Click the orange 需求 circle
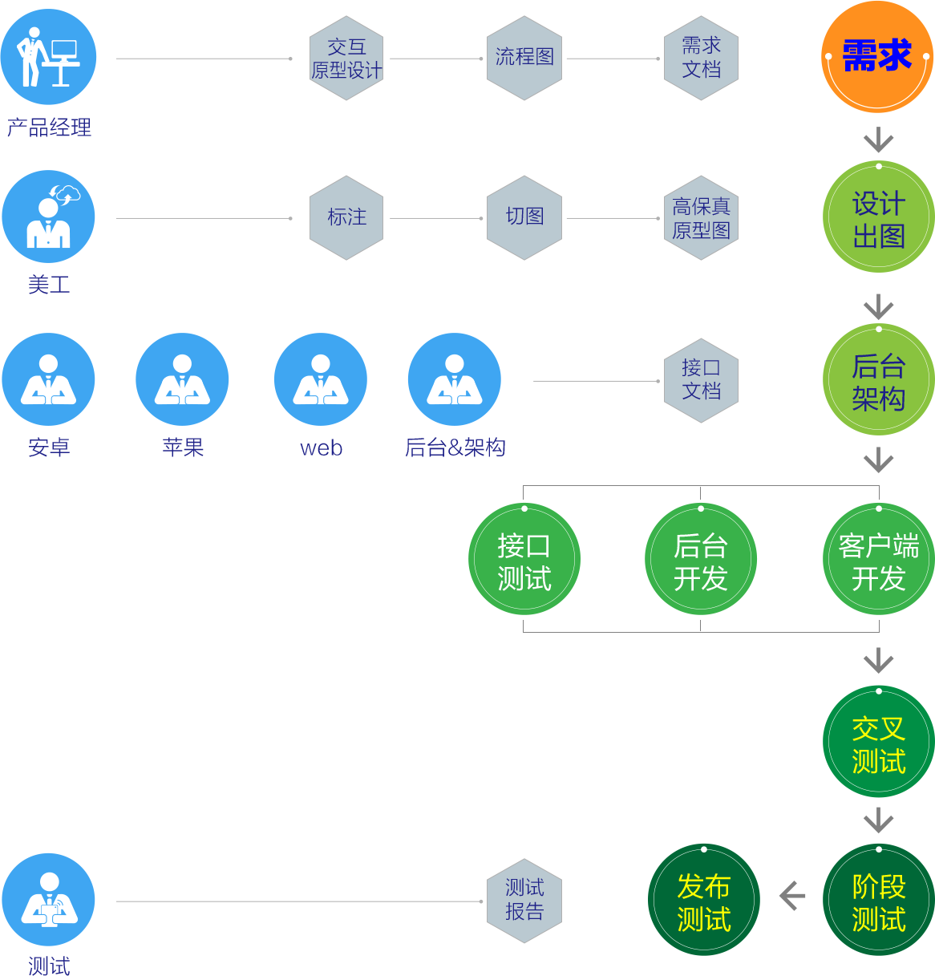pyautogui.click(x=877, y=57)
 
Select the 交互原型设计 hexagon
pyautogui.click(x=346, y=58)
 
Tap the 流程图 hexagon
pyautogui.click(x=524, y=58)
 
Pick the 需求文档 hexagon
pyautogui.click(x=701, y=58)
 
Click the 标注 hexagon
pyautogui.click(x=346, y=217)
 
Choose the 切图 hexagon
pyautogui.click(x=524, y=217)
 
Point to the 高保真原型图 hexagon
pyautogui.click(x=701, y=217)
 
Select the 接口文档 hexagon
pyautogui.click(x=701, y=380)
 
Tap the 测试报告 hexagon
pyautogui.click(x=524, y=901)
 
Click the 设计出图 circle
pyautogui.click(x=879, y=218)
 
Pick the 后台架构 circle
pyautogui.click(x=879, y=381)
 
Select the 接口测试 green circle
pyautogui.click(x=524, y=560)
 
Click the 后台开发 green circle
pyautogui.click(x=701, y=560)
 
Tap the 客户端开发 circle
pyautogui.click(x=879, y=560)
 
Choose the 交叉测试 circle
pyautogui.click(x=879, y=743)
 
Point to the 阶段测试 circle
pyautogui.click(x=879, y=901)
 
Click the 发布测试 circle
pyautogui.click(x=704, y=901)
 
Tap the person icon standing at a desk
pyautogui.click(x=48, y=57)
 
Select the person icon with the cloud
pyautogui.click(x=48, y=217)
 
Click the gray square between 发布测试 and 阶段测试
pyautogui.click(x=792, y=896)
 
